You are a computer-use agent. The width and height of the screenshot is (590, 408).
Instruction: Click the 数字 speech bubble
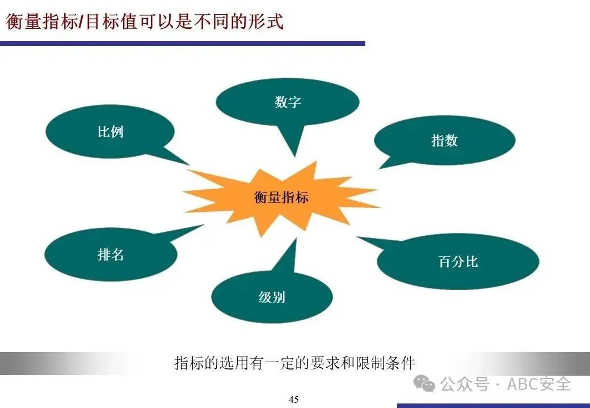288,102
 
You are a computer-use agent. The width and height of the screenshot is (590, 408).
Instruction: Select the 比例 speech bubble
110,132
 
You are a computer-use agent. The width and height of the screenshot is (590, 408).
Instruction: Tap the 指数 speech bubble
444,141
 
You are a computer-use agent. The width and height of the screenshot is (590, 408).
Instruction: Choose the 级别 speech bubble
272,297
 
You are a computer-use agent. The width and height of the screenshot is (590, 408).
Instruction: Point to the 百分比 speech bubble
458,261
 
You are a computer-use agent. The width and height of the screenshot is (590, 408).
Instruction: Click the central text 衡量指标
281,197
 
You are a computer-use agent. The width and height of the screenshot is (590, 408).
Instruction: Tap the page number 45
294,399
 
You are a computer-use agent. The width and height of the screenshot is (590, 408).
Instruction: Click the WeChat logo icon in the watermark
424,384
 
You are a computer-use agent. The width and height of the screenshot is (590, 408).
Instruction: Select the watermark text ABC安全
538,384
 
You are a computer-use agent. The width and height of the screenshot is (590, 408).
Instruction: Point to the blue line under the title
182,43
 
